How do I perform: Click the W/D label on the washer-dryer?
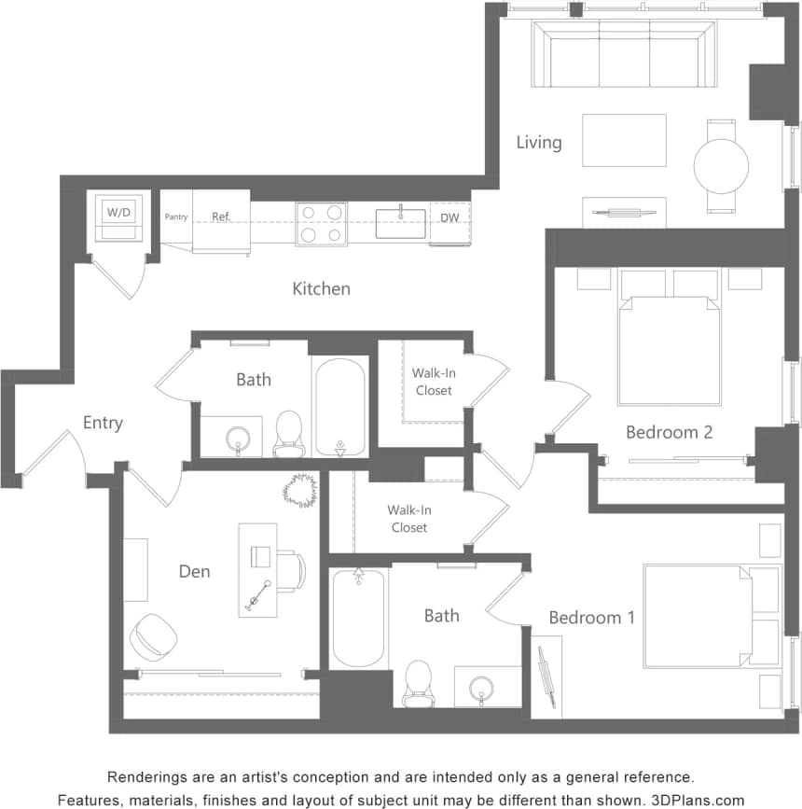point(119,213)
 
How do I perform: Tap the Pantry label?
point(176,217)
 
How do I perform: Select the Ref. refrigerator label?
point(221,216)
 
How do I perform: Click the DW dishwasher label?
point(449,218)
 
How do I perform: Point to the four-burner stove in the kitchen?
point(321,224)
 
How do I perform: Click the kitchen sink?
point(400,223)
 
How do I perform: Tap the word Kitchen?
point(322,288)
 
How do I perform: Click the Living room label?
point(539,142)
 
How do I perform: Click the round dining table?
point(721,166)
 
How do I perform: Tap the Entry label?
point(103,423)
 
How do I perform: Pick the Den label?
point(194,571)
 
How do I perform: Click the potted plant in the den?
point(301,490)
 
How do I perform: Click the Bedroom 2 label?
point(669,432)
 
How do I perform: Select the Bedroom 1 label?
point(591,617)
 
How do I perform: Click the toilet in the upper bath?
point(289,433)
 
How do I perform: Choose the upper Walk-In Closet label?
point(434,381)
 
